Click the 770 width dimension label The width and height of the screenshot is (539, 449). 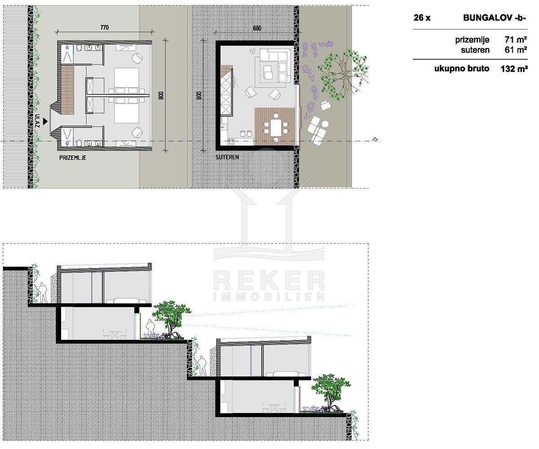104,27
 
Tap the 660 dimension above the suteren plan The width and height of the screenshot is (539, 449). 257,28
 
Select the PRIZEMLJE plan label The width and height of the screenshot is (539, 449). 72,158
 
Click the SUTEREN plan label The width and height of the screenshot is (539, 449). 227,157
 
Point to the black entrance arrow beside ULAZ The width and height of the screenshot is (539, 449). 45,121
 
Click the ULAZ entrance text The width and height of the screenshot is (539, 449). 37,121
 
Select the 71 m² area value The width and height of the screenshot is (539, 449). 516,40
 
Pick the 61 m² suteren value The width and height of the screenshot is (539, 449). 516,49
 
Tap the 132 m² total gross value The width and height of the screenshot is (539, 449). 514,69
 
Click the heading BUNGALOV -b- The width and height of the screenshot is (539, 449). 495,18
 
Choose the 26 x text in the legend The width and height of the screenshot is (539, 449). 422,18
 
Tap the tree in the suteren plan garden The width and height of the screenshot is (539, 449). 343,74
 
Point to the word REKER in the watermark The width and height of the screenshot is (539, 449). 269,281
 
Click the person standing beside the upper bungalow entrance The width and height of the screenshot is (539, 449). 43,293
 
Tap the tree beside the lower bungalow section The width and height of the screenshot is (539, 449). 331,392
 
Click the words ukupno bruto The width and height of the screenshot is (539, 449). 462,69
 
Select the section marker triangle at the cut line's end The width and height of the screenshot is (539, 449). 375,139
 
